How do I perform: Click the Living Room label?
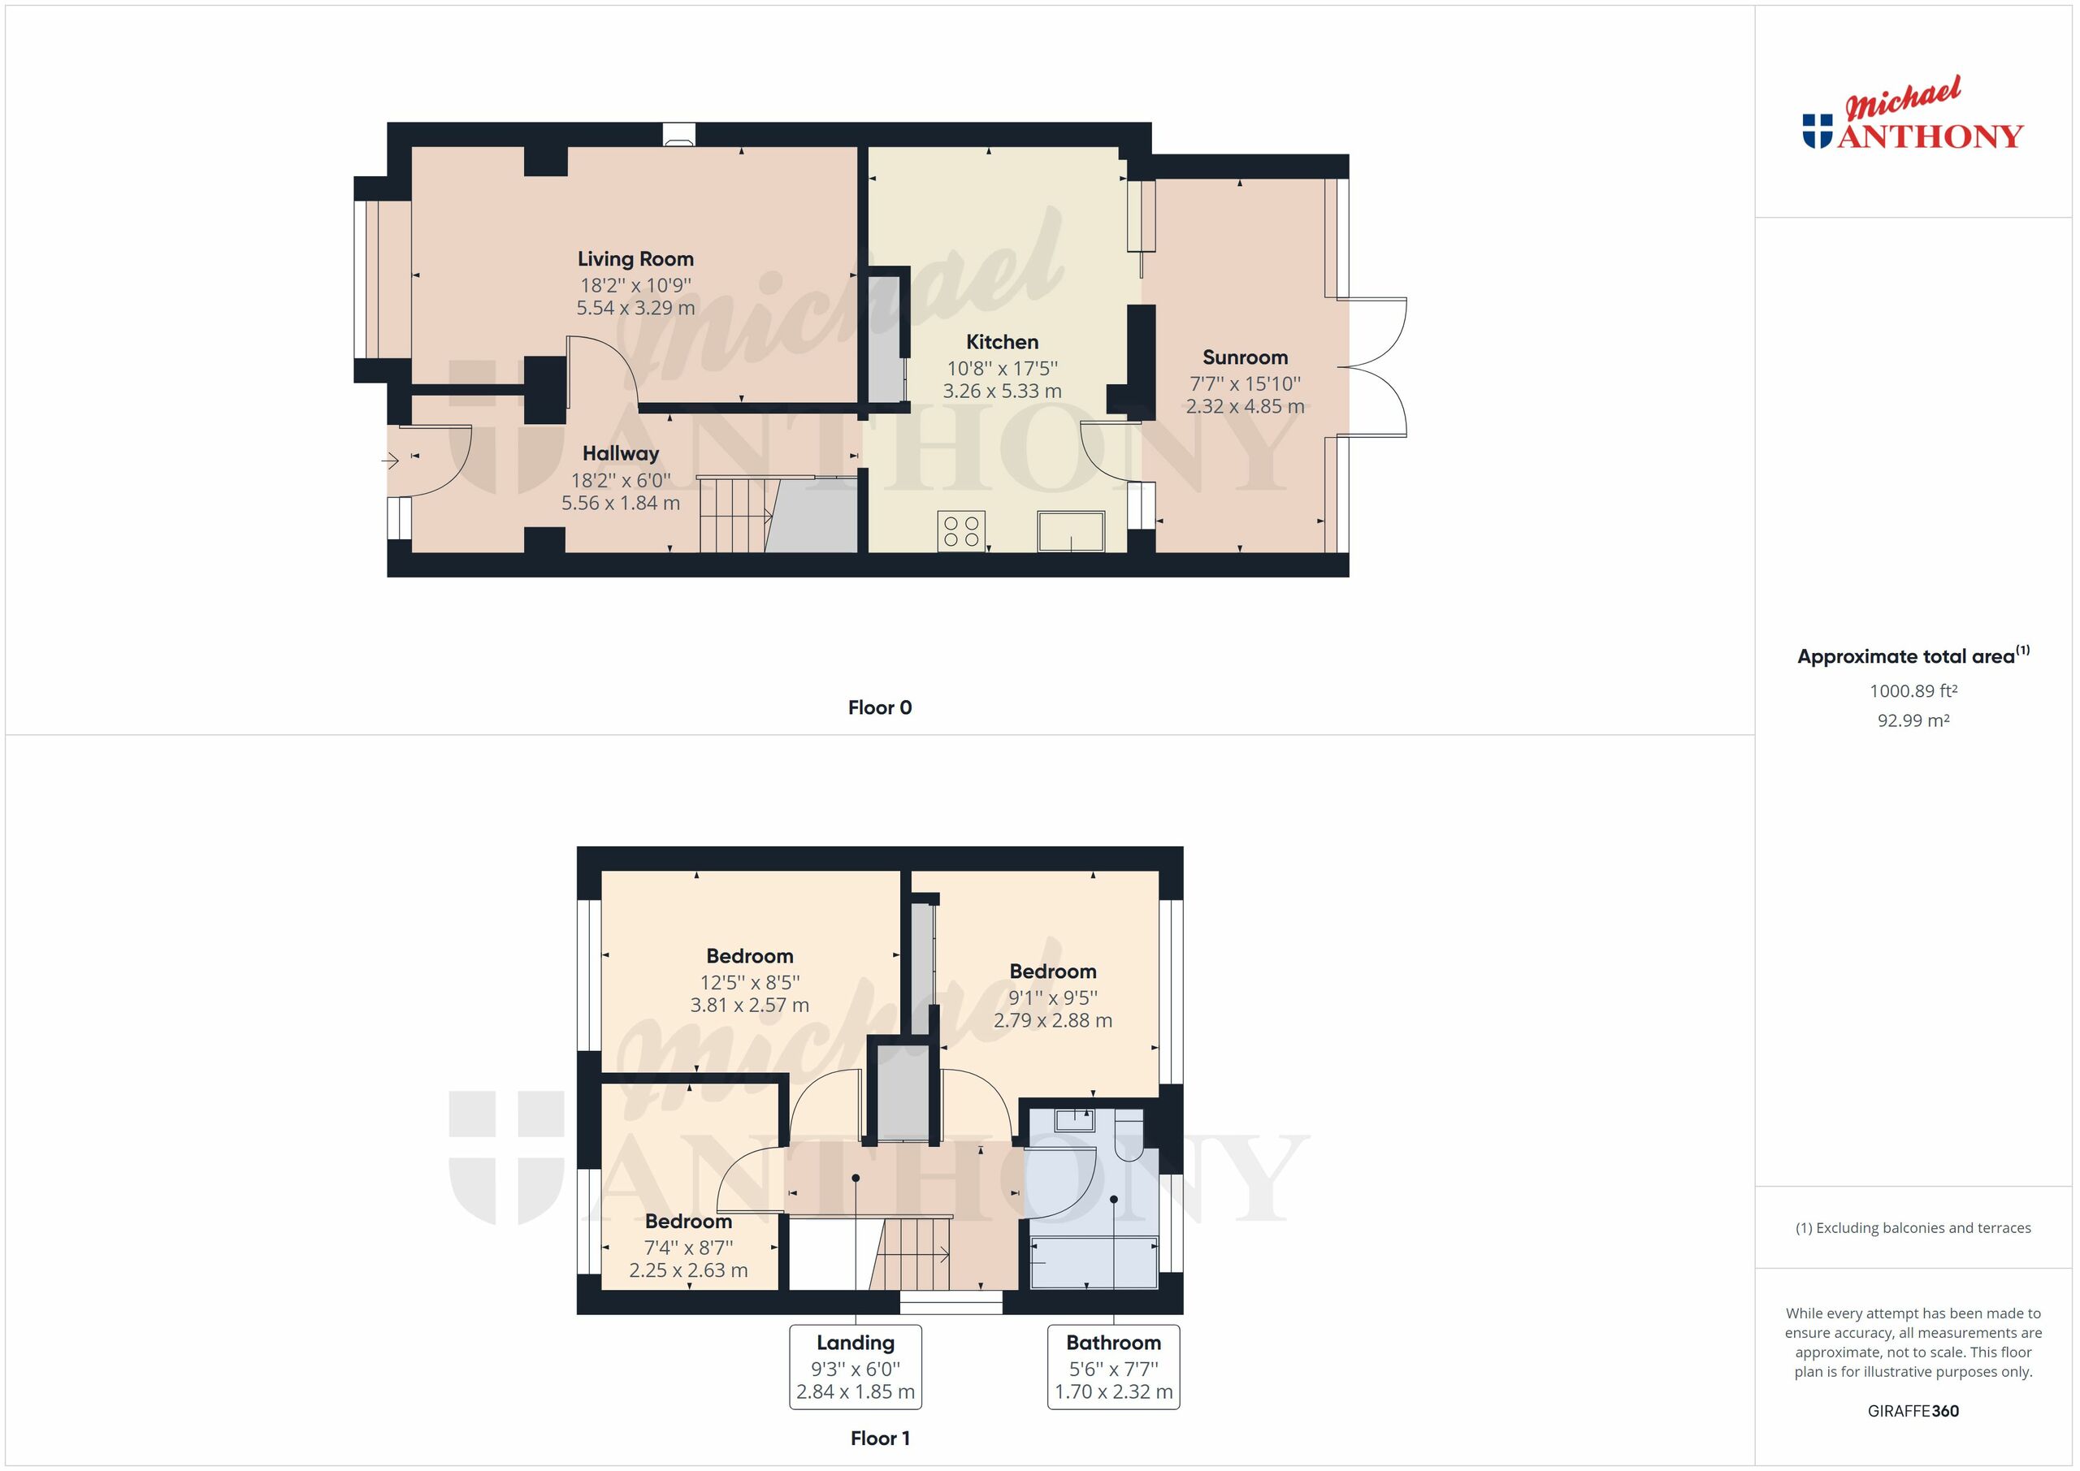pyautogui.click(x=635, y=259)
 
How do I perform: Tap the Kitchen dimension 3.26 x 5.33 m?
pyautogui.click(x=1002, y=392)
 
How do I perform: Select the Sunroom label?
pyautogui.click(x=1245, y=357)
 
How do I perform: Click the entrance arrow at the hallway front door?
pyautogui.click(x=391, y=461)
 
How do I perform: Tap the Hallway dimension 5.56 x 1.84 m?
pyautogui.click(x=621, y=503)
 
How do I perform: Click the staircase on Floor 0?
pyautogui.click(x=734, y=516)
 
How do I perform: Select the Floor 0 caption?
pyautogui.click(x=880, y=707)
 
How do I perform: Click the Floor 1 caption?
pyautogui.click(x=880, y=1439)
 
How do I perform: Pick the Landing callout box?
pyautogui.click(x=856, y=1367)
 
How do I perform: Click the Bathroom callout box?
pyautogui.click(x=1113, y=1367)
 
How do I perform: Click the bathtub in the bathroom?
pyautogui.click(x=1094, y=1261)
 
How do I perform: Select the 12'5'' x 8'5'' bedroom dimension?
pyautogui.click(x=749, y=982)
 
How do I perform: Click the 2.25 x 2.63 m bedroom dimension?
pyautogui.click(x=688, y=1270)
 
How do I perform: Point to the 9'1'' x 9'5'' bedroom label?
pyautogui.click(x=1053, y=972)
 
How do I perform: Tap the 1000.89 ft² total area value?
pyautogui.click(x=1913, y=691)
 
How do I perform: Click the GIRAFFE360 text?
pyautogui.click(x=1913, y=1410)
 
